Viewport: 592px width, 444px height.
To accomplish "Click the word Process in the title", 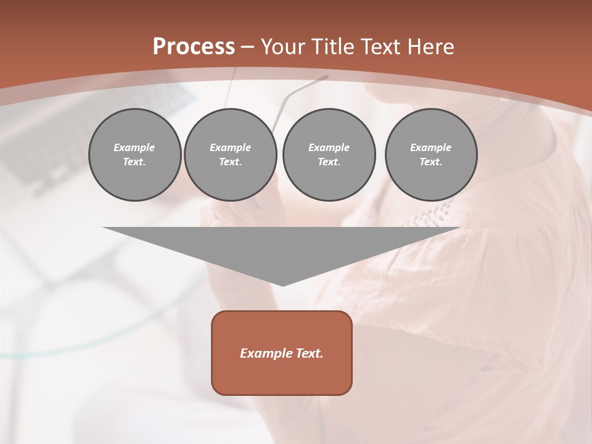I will [194, 47].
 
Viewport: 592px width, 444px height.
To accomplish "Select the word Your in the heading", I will [284, 47].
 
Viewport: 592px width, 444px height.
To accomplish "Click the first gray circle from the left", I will [134, 155].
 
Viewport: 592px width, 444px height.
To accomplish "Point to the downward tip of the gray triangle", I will [282, 284].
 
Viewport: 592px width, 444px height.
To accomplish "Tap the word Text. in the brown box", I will [310, 353].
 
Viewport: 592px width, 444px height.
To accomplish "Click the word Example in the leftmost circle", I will [134, 147].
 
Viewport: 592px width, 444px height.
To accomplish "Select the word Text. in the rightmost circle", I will [431, 162].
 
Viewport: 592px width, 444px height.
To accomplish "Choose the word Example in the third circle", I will [329, 147].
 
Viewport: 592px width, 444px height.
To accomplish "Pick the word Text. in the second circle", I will [230, 162].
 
